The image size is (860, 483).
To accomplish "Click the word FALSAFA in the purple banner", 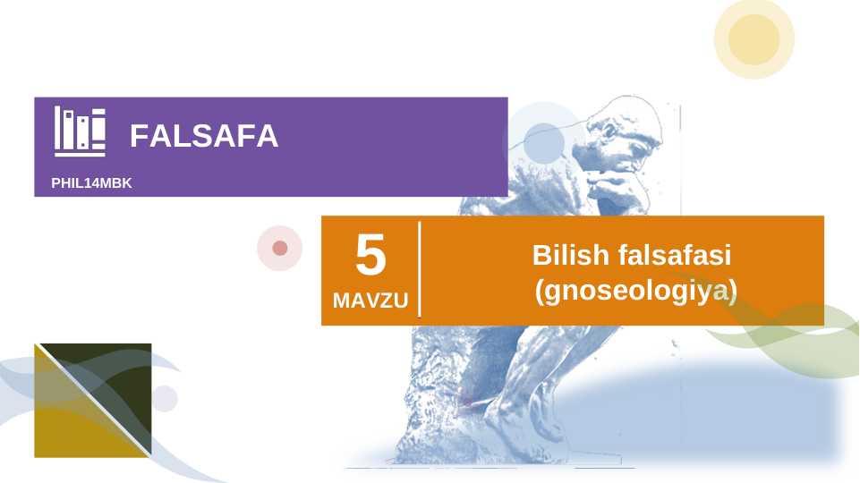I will point(203,136).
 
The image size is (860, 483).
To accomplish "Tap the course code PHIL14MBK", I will point(91,182).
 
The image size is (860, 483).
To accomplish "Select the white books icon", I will point(80,131).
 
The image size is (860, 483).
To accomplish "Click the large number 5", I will point(370,256).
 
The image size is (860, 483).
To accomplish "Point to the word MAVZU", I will point(370,301).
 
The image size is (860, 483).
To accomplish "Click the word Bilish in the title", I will point(570,255).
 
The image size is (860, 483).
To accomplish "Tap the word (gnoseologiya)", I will point(634,290).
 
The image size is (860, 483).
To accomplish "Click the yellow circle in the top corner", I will point(754,38).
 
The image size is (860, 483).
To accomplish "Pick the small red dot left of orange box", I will point(280,248).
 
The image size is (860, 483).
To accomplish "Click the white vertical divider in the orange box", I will point(420,269).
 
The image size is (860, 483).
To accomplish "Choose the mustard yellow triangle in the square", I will point(72,425).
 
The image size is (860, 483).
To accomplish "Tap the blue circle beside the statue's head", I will point(541,142).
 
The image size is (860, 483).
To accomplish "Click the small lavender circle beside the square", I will point(165,398).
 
